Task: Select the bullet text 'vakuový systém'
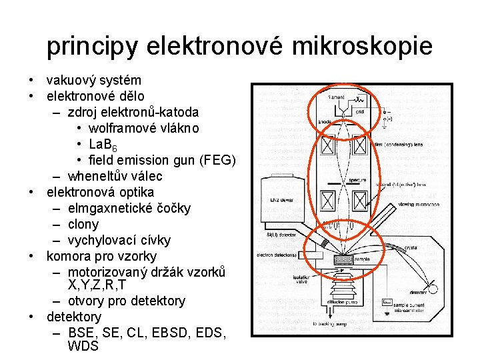coord(93,81)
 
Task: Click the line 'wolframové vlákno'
coord(143,129)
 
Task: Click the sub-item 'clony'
coord(83,225)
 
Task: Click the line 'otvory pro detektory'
coord(127,301)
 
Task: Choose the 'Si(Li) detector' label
coord(281,235)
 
